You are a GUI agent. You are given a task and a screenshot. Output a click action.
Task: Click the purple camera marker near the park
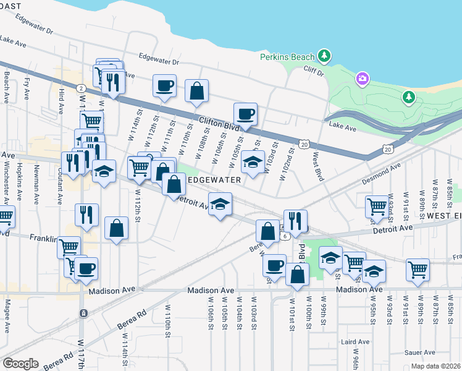tap(362, 79)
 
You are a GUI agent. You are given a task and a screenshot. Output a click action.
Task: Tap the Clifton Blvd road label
tap(219, 123)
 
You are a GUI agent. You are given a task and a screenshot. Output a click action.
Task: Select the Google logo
tap(20, 364)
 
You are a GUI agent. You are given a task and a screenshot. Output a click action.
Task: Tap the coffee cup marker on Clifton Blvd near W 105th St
tap(245, 114)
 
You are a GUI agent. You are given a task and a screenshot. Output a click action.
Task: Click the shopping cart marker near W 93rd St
tap(376, 207)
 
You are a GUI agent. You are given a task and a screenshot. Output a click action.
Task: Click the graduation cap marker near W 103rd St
tap(253, 162)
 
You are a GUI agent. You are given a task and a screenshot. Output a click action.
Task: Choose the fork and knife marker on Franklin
tap(86, 215)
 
